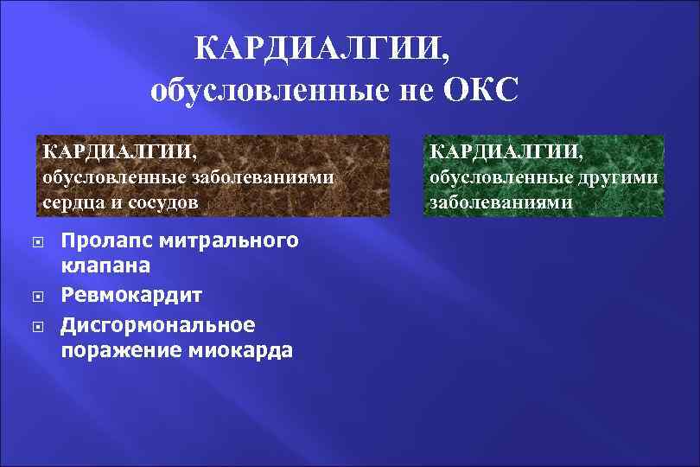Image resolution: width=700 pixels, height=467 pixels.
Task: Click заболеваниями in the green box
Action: click(500, 202)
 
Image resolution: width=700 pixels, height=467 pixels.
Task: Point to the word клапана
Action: click(105, 266)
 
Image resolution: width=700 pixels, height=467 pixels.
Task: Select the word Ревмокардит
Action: click(132, 296)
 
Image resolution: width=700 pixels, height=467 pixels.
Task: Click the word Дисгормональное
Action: click(158, 325)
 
